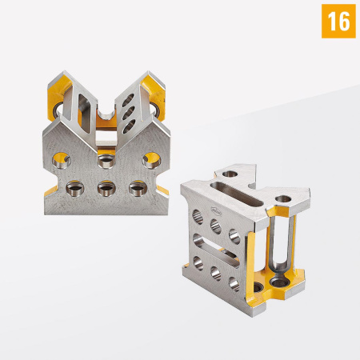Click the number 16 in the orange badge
click(338, 22)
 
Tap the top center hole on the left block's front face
click(104, 162)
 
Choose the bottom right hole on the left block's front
click(135, 190)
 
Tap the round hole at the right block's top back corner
click(230, 173)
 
